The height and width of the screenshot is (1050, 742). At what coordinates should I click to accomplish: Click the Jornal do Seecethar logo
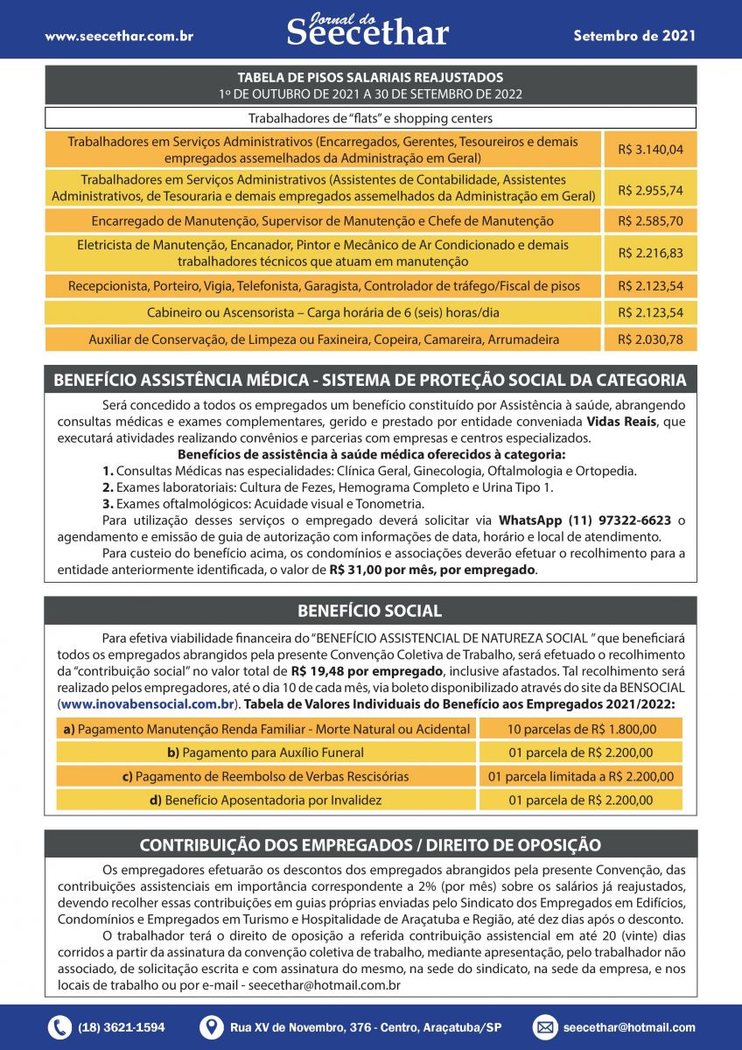(367, 31)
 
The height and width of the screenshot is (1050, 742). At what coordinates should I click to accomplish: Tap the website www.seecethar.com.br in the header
(119, 37)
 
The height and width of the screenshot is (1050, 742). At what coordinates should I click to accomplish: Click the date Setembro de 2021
(634, 36)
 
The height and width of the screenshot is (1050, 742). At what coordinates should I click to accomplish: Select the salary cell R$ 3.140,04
(650, 150)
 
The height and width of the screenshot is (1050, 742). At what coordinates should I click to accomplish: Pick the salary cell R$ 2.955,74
(650, 190)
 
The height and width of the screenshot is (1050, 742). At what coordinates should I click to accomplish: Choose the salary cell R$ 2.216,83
(650, 253)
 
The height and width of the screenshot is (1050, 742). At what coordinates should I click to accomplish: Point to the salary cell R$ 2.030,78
(650, 339)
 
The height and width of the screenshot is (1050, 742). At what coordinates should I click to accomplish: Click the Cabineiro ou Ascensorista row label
(324, 312)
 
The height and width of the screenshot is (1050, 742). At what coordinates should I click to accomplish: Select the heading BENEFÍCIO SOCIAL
(369, 611)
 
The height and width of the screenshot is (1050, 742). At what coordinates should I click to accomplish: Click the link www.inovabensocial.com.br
(146, 703)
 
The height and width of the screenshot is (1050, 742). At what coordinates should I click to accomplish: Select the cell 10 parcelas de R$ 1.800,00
(580, 729)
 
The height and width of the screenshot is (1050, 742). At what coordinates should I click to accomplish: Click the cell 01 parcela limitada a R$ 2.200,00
(580, 776)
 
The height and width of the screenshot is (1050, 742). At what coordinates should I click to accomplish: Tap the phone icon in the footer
(59, 1027)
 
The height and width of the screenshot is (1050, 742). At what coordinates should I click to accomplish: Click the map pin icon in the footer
(212, 1027)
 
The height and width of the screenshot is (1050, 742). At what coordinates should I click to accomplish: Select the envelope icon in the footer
(544, 1027)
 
